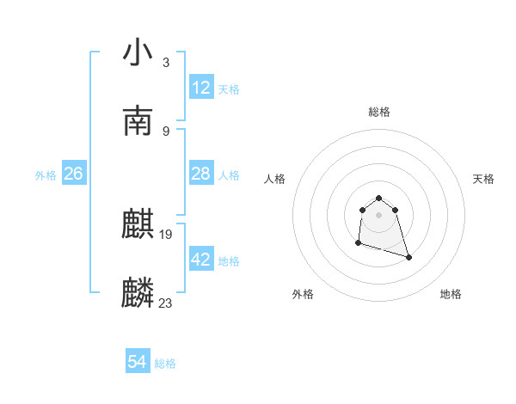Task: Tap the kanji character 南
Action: [138, 120]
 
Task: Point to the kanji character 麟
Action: [138, 293]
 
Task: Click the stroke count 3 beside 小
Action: [166, 62]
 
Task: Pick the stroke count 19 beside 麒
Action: [167, 234]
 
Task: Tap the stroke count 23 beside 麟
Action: [166, 302]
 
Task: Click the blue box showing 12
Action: [201, 88]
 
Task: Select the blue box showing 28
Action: [201, 174]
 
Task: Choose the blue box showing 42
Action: [201, 260]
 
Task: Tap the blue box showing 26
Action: [74, 174]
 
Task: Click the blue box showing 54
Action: [138, 362]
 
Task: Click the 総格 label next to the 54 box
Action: [166, 364]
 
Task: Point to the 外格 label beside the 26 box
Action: [46, 175]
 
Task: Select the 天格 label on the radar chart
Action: [484, 179]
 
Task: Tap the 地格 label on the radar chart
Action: [451, 294]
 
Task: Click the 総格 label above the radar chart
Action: [379, 112]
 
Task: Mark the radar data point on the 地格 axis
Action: [408, 257]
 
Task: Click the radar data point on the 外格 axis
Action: [358, 243]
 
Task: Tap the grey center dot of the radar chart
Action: [379, 215]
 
